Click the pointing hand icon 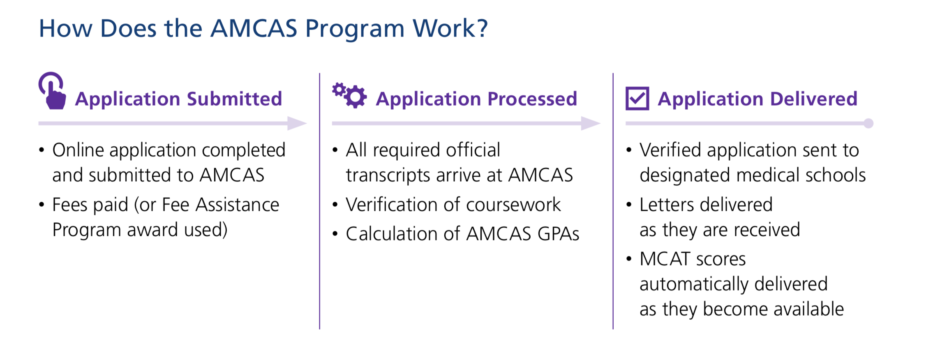52,91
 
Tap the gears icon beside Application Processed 349,95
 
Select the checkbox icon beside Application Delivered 637,99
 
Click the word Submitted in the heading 234,99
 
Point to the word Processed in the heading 532,99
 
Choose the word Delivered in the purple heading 814,99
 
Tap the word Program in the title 355,30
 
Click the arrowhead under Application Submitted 297,123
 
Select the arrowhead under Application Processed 591,123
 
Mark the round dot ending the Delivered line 868,123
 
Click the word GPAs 558,234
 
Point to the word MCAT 665,259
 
